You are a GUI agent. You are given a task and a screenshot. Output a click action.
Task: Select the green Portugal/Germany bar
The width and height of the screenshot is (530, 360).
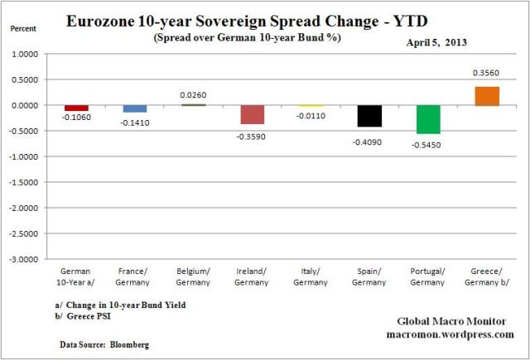(x=428, y=119)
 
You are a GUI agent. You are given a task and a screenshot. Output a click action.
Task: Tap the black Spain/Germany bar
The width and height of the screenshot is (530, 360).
(x=369, y=116)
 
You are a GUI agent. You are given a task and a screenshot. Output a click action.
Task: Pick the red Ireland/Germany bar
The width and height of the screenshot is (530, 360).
(x=252, y=114)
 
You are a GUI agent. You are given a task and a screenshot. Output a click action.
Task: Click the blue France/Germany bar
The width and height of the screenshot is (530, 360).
(x=134, y=108)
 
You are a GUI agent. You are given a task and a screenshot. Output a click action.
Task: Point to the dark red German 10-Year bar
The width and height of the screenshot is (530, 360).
(x=76, y=108)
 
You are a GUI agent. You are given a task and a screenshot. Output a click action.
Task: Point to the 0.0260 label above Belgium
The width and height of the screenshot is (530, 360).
(x=193, y=94)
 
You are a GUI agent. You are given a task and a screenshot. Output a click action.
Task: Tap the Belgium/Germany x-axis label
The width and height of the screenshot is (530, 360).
(x=194, y=276)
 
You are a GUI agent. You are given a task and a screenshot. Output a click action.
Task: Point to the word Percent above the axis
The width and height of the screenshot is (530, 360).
(x=22, y=28)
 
